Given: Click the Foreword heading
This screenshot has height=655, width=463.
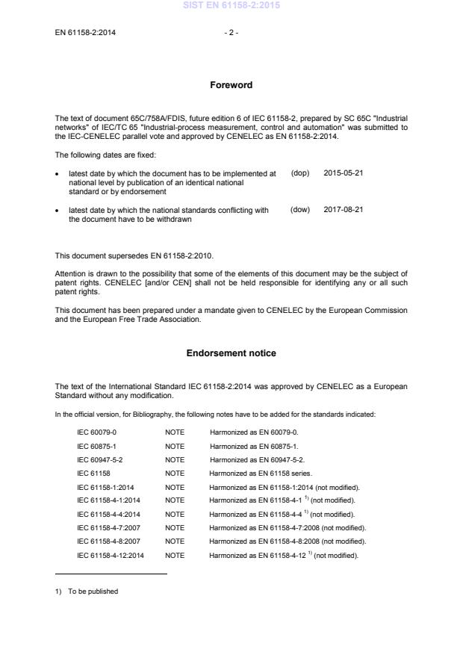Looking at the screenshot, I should [x=231, y=85].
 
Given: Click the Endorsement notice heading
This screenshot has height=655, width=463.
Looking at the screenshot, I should [x=231, y=353].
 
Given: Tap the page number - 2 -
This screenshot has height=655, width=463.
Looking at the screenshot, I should [x=231, y=32].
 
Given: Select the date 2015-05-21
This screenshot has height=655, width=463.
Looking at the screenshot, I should [x=343, y=173].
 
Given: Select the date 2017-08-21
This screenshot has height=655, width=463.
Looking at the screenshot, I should [x=343, y=210].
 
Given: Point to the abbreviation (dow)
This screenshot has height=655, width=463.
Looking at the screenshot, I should [x=299, y=210].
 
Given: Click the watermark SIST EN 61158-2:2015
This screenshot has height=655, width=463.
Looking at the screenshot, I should [x=231, y=5].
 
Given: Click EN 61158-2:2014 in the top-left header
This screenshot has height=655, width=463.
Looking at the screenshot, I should [x=85, y=32].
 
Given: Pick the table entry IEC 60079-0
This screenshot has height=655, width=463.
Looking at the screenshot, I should [x=96, y=432].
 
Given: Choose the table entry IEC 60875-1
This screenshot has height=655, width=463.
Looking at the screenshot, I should [x=96, y=446].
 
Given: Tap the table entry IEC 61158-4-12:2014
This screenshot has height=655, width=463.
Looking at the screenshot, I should [x=111, y=555].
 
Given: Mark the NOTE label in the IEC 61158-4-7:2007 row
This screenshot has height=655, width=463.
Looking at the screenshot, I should [x=174, y=527].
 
